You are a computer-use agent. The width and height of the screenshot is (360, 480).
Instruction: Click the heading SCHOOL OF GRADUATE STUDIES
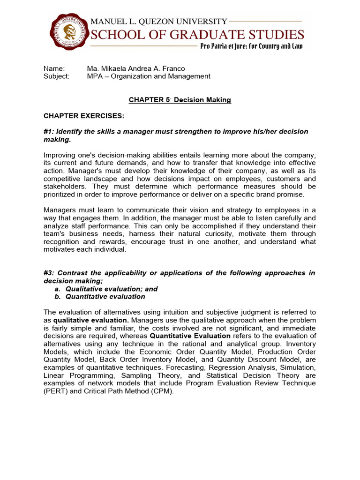[x=197, y=34]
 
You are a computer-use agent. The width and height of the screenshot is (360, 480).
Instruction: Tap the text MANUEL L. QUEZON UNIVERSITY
[x=158, y=21]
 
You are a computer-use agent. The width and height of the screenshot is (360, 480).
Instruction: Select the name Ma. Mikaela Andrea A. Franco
[x=135, y=68]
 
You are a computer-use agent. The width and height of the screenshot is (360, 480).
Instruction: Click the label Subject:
[x=56, y=76]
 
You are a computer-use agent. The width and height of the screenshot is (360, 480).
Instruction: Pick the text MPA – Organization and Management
[x=149, y=76]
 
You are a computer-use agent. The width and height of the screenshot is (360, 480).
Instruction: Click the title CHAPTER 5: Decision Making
[x=180, y=100]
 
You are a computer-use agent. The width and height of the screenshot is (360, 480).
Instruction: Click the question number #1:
[x=49, y=131]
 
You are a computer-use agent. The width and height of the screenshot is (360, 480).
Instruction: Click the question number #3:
[x=49, y=273]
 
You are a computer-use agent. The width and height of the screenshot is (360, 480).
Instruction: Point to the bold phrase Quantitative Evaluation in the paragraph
[x=190, y=336]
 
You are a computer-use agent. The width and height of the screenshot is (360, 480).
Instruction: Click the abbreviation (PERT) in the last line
[x=54, y=391]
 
